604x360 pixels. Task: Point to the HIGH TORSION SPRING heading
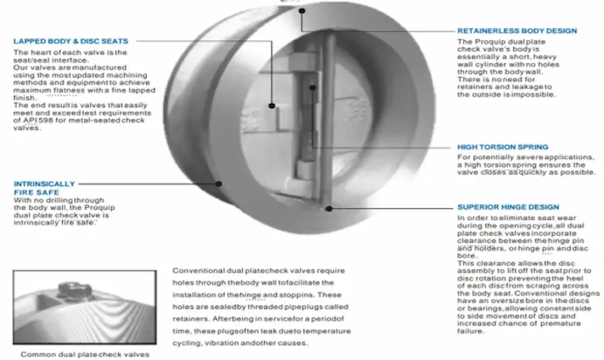click(503, 146)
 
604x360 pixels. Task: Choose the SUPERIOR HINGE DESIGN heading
click(511, 207)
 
